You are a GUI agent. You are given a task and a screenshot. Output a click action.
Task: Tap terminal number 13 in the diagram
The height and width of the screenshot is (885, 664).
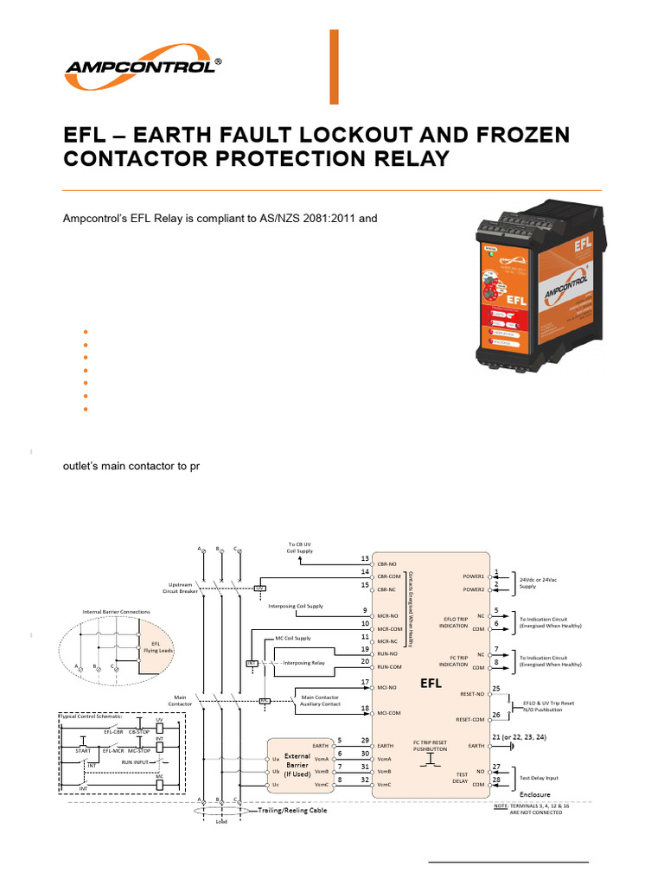pyautogui.click(x=365, y=559)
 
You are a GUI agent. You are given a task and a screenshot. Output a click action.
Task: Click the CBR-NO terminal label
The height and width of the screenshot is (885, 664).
pyautogui.click(x=386, y=563)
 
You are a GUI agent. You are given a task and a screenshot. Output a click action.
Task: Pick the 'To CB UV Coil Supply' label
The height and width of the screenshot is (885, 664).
pyautogui.click(x=299, y=548)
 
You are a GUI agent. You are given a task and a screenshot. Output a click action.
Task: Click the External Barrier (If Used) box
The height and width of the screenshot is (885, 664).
pyautogui.click(x=299, y=763)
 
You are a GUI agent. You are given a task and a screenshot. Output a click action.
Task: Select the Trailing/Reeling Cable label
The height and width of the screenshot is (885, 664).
pyautogui.click(x=294, y=811)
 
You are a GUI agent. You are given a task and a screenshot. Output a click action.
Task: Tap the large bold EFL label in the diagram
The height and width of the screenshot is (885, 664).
pyautogui.click(x=431, y=683)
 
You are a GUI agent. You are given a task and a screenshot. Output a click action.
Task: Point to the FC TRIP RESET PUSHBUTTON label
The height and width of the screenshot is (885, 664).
pyautogui.click(x=430, y=746)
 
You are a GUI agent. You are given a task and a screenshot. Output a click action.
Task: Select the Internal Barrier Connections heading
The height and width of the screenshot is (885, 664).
pyautogui.click(x=116, y=612)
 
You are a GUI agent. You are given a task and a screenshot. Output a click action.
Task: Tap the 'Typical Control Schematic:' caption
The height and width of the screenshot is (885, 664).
pyautogui.click(x=91, y=716)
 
